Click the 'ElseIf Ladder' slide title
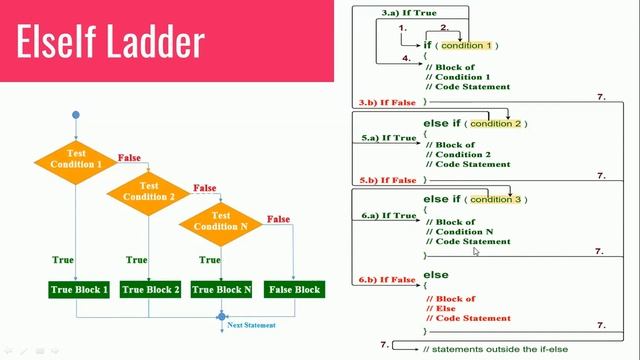pyautogui.click(x=111, y=43)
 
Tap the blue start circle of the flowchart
pyautogui.click(x=75, y=116)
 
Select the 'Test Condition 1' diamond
pyautogui.click(x=75, y=159)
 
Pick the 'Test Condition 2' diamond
pyautogui.click(x=149, y=191)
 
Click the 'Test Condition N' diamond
pyautogui.click(x=221, y=221)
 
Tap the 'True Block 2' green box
pyautogui.click(x=150, y=290)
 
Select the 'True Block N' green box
pyautogui.click(x=221, y=290)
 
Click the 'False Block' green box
pyautogui.click(x=294, y=290)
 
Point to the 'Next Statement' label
pyautogui.click(x=251, y=325)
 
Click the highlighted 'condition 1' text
pyautogui.click(x=467, y=45)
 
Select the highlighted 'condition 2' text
pyautogui.click(x=496, y=123)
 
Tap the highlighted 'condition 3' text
pyautogui.click(x=496, y=199)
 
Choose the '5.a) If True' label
pyautogui.click(x=389, y=137)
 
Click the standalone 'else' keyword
pyautogui.click(x=436, y=274)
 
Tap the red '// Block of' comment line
pyautogui.click(x=451, y=298)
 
